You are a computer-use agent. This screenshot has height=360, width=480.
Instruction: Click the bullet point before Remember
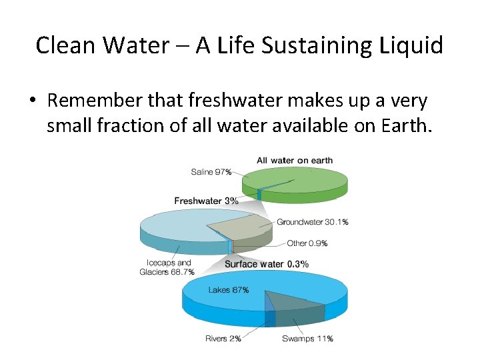(x=32, y=101)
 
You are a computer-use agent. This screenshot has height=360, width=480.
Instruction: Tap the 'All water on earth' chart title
(x=295, y=160)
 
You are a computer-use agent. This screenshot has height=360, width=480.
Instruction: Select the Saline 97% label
(x=211, y=172)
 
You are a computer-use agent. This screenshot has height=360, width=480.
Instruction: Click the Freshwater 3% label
(x=206, y=201)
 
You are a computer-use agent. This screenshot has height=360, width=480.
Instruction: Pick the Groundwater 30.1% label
(x=312, y=222)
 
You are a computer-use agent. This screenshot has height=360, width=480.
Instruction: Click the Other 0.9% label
(x=307, y=243)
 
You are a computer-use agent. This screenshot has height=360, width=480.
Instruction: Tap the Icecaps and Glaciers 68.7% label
(x=167, y=267)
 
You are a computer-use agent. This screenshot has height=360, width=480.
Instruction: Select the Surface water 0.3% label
(x=266, y=264)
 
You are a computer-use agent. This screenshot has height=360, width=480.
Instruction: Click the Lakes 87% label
(x=229, y=290)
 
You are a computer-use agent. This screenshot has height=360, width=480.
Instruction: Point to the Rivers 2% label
(x=223, y=339)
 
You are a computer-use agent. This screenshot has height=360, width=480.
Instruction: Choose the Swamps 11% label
(x=307, y=339)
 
